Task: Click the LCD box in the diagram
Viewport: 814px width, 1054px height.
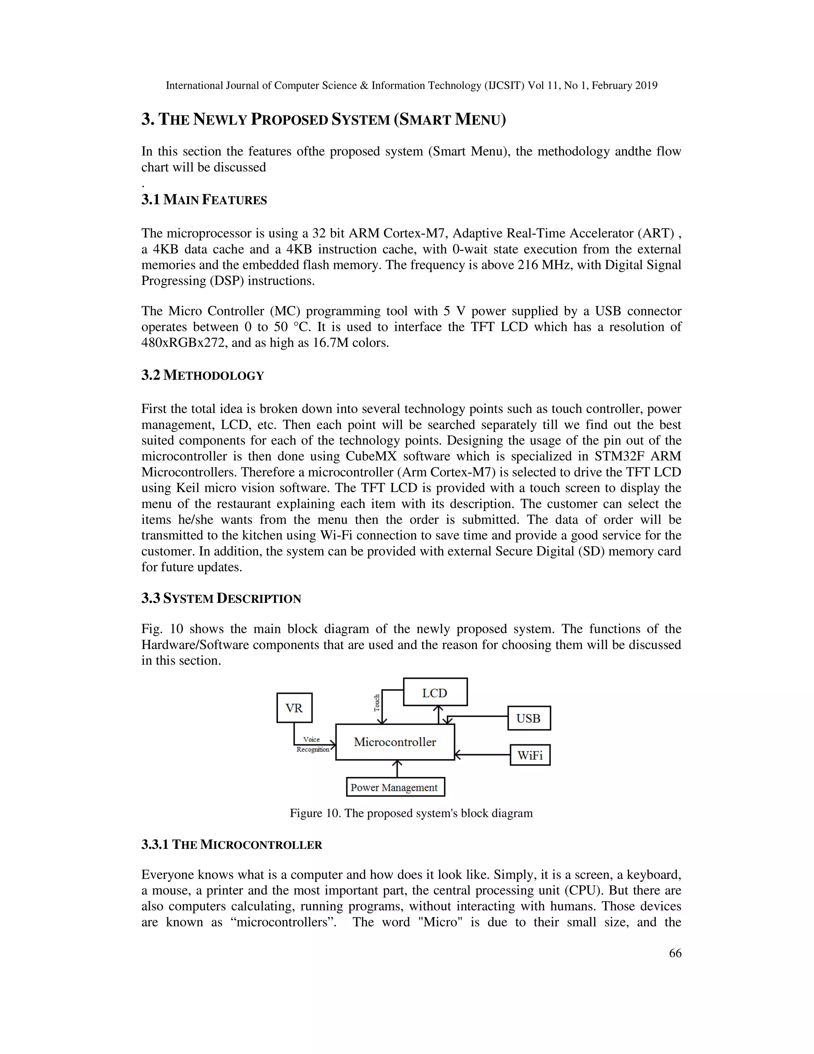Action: click(435, 692)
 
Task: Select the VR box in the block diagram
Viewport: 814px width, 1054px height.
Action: click(294, 708)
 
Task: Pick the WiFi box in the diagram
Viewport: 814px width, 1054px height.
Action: click(530, 755)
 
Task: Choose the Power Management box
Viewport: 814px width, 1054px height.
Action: click(395, 787)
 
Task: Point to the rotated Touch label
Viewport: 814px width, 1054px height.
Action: click(377, 703)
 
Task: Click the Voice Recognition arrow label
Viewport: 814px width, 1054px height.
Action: click(312, 744)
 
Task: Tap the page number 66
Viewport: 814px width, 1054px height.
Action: click(675, 953)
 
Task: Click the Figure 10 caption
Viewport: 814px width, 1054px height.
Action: click(411, 813)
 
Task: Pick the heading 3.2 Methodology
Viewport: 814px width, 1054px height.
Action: click(203, 375)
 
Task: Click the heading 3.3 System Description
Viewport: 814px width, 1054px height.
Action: click(221, 599)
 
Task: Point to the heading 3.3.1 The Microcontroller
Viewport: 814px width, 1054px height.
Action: click(231, 844)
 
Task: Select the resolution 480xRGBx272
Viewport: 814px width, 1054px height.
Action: click(183, 343)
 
